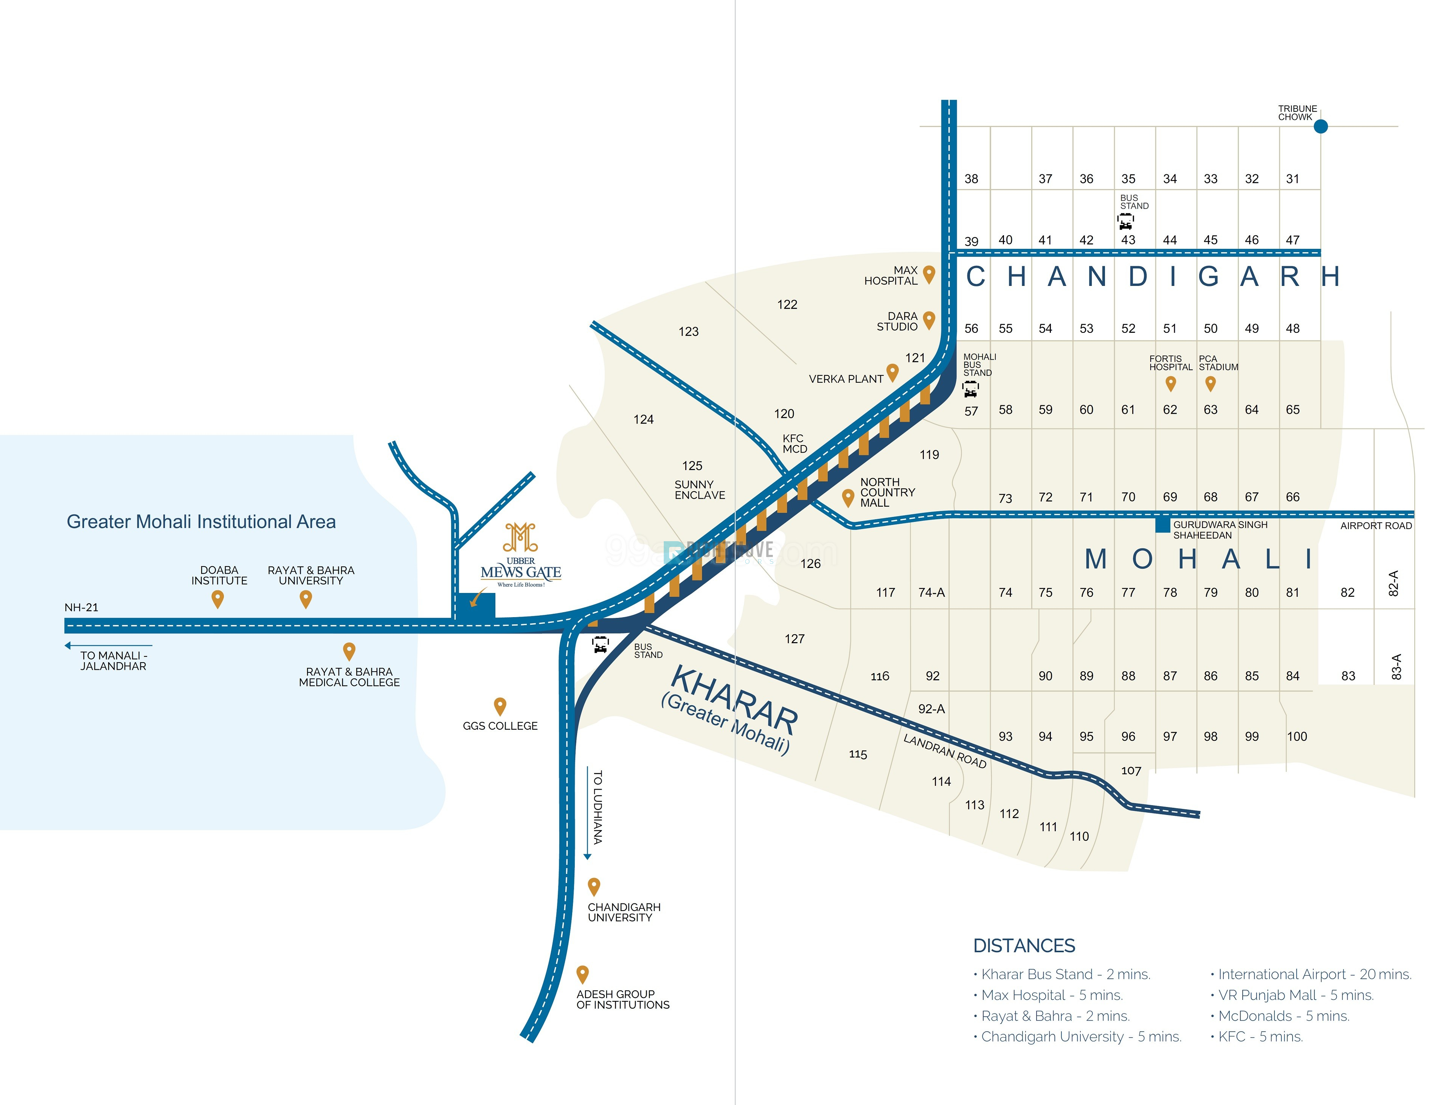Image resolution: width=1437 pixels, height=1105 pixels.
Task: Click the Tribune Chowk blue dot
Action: click(1320, 126)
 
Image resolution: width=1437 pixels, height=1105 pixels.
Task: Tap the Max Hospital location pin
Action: click(929, 274)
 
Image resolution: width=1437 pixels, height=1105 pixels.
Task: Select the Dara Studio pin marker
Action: click(929, 320)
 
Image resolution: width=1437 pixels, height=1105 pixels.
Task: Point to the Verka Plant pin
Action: click(892, 372)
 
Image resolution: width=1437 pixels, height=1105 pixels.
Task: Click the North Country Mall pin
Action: click(848, 497)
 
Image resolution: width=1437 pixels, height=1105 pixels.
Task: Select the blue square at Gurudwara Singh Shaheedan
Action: click(1162, 525)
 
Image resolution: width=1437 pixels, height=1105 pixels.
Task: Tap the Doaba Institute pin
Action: click(218, 599)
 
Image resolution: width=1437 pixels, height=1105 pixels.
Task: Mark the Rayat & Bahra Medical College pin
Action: click(349, 651)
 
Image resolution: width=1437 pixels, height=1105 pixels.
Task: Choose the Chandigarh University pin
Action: click(594, 887)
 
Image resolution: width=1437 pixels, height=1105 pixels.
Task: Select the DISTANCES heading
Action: click(1024, 946)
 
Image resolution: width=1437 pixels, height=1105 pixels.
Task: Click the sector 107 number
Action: click(1131, 770)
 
